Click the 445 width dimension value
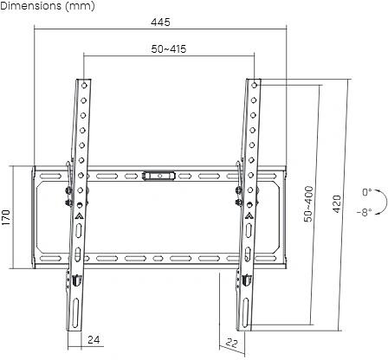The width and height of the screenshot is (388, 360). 159,21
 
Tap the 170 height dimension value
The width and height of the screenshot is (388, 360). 6,215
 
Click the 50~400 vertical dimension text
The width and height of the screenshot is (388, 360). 309,205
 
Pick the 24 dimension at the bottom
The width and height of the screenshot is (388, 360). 94,339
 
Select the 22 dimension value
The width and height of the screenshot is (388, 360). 231,344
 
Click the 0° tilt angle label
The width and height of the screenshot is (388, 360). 366,192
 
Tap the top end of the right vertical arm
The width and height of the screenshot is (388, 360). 252,84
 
